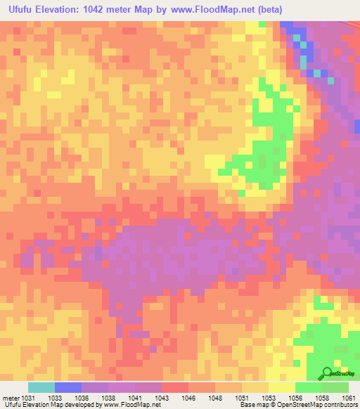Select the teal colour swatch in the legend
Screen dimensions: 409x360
click(41, 387)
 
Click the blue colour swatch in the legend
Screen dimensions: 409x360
click(68, 387)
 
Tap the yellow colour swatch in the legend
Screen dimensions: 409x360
click(281, 387)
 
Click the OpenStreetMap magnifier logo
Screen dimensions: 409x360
click(328, 372)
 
